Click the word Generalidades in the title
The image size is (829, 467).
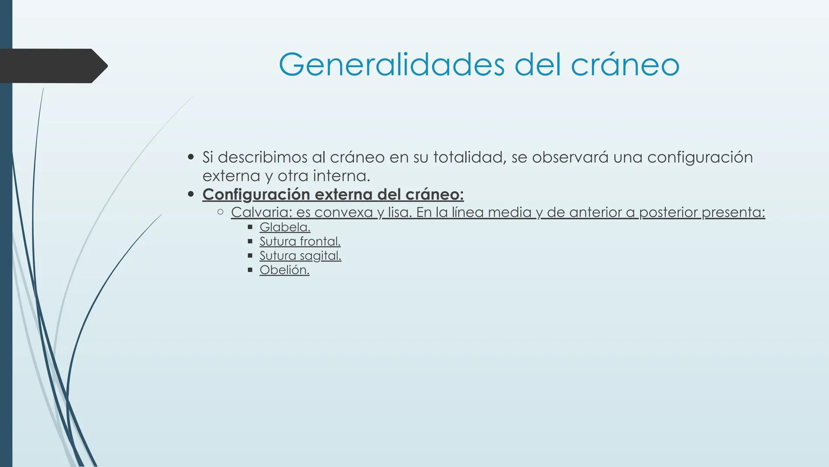coord(391,65)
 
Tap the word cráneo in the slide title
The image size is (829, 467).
coord(625,65)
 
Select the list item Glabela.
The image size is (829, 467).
coord(285,227)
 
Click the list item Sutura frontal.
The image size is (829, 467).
coord(300,241)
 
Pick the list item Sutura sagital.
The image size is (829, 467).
coord(300,256)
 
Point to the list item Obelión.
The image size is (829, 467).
coord(284,270)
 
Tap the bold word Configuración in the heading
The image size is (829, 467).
coord(257,195)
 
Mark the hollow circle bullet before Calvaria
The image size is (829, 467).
coord(220,212)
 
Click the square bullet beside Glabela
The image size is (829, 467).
coord(250,227)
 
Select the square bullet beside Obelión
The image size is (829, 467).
coord(250,269)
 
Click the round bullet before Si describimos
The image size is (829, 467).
coord(191,157)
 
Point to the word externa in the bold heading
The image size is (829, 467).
coord(343,195)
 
